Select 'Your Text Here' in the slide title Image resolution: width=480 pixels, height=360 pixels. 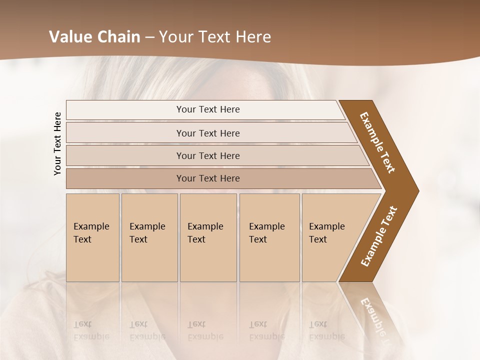[215, 37]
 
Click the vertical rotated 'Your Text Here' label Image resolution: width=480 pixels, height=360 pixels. [57, 143]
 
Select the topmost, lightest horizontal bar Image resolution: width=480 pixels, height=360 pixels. [208, 109]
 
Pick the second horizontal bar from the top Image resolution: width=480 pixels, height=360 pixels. [208, 133]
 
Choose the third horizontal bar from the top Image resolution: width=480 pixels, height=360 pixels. [208, 155]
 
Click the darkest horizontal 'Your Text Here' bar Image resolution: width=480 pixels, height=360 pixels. [208, 178]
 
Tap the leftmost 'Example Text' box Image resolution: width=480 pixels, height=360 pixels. [92, 237]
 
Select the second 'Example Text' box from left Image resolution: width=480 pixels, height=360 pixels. [149, 237]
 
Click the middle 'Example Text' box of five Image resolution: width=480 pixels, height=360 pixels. [208, 237]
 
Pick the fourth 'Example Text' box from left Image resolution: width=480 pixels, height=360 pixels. [269, 237]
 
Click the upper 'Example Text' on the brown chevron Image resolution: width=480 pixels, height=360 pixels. [377, 142]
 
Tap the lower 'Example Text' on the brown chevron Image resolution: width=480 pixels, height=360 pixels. [379, 236]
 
